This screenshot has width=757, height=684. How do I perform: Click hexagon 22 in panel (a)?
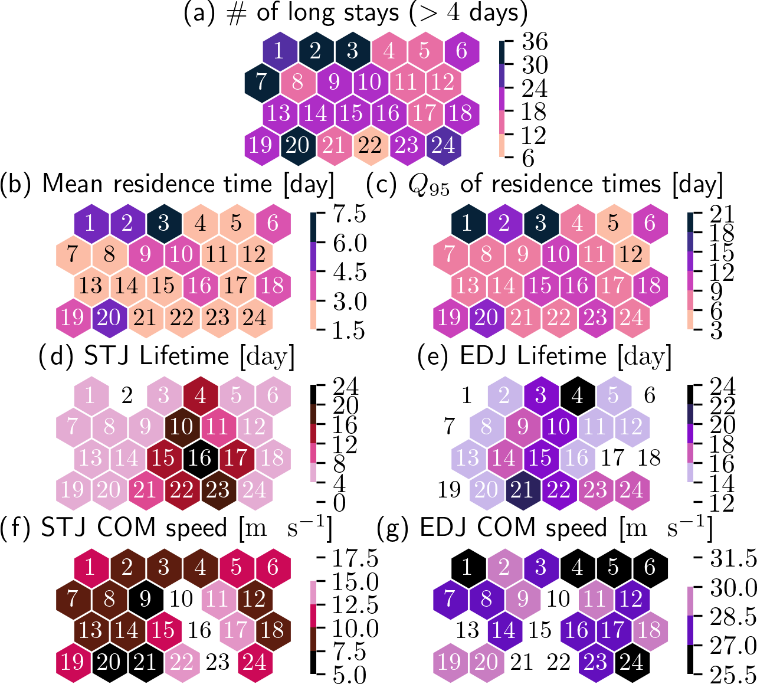(370, 145)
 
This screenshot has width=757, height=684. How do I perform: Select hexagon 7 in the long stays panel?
(261, 81)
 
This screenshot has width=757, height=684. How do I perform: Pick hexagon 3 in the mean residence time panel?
(164, 223)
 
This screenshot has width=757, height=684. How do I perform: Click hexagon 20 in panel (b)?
(109, 318)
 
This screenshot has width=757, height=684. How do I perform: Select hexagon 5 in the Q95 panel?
(614, 223)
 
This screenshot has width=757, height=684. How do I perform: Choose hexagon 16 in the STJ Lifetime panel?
(200, 458)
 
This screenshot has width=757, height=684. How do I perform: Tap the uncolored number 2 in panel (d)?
(127, 395)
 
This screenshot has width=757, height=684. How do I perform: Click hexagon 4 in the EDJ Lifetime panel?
(577, 395)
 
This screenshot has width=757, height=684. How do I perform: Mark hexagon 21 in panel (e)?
(522, 490)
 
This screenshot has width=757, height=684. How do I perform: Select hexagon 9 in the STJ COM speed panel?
(145, 599)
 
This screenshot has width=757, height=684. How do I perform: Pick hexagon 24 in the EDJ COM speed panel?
(632, 662)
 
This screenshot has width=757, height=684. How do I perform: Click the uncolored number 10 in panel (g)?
(559, 599)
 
